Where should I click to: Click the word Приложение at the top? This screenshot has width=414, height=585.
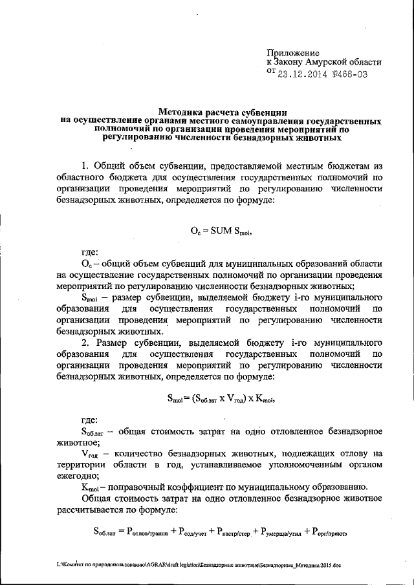pos(293,52)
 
